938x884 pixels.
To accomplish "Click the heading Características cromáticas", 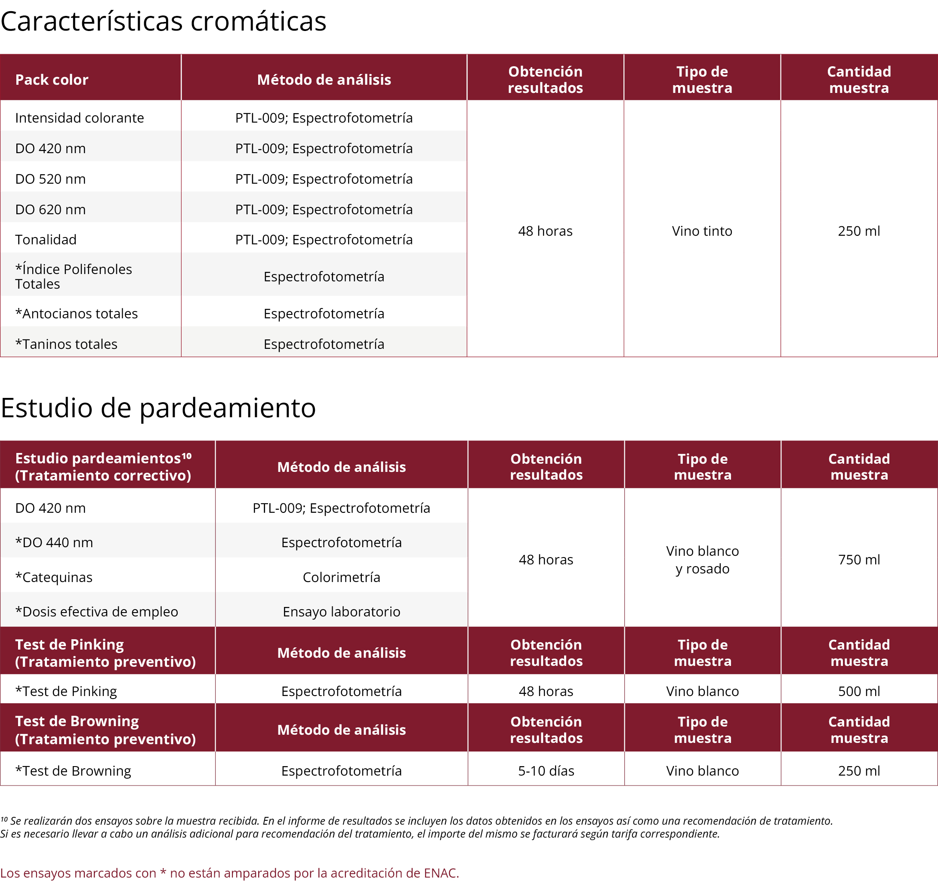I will pos(163,22).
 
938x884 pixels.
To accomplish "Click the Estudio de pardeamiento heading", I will pos(158,408).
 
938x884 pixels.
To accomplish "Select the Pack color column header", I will pos(52,80).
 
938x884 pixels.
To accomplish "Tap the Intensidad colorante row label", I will pos(79,118).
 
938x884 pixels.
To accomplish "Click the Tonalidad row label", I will pos(46,240).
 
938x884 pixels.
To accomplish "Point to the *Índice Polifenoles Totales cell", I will pos(73,277).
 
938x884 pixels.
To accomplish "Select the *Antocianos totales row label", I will pos(77,314).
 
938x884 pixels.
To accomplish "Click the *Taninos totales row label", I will pos(66,345).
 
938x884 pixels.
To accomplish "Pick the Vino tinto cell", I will pos(702,231).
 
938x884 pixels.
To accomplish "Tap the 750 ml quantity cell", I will pos(859,560).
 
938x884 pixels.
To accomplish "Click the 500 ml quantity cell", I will pos(859,692).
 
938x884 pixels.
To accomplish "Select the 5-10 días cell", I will pos(546,771).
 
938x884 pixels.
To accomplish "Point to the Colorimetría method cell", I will pos(341,577).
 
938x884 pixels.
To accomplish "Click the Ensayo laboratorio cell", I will pos(341,612).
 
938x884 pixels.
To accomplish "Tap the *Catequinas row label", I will pos(54,577).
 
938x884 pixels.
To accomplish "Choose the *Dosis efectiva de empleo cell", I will pos(97,612).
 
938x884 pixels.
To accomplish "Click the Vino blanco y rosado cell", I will pos(702,560).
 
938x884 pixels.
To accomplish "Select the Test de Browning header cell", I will pos(105,730).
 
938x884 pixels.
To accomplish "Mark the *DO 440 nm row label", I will pos(54,542).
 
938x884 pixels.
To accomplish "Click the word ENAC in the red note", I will pos(440,873).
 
